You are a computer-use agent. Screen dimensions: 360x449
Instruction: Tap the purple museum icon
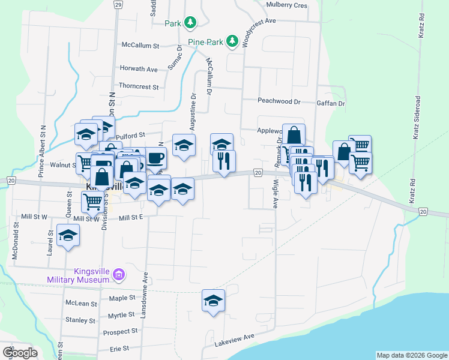(x=119, y=275)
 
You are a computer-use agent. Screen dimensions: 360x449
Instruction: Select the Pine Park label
(x=205, y=42)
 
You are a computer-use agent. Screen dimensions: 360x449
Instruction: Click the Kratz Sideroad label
(x=416, y=118)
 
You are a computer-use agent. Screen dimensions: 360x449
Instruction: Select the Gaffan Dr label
(x=331, y=103)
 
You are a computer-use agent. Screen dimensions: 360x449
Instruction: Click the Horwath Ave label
(x=139, y=69)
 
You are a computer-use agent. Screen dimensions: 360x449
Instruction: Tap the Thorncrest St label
(x=139, y=86)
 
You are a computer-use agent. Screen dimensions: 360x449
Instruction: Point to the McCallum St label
(x=140, y=45)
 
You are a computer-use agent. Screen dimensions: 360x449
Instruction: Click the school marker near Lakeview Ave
(x=213, y=300)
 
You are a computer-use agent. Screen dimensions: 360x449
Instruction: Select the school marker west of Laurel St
(x=68, y=235)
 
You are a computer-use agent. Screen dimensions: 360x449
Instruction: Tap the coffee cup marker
(x=155, y=158)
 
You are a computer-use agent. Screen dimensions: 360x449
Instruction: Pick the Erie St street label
(x=120, y=349)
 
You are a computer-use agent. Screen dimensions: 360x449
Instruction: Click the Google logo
(x=19, y=353)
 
